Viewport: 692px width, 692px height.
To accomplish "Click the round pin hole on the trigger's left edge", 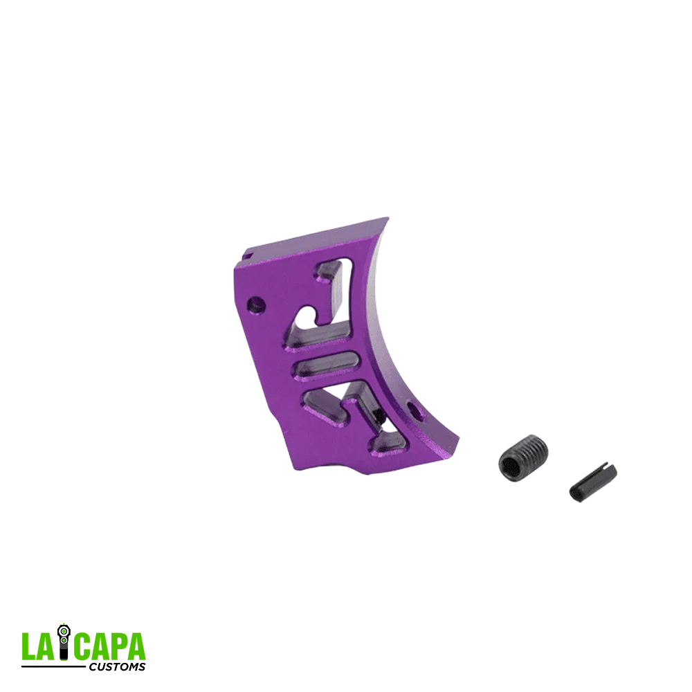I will (255, 303).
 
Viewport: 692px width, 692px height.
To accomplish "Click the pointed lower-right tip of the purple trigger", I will (453, 440).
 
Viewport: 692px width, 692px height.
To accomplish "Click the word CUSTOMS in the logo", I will (118, 667).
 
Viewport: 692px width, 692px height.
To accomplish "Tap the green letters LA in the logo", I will (38, 646).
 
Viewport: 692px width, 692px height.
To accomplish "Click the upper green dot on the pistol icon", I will (64, 630).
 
